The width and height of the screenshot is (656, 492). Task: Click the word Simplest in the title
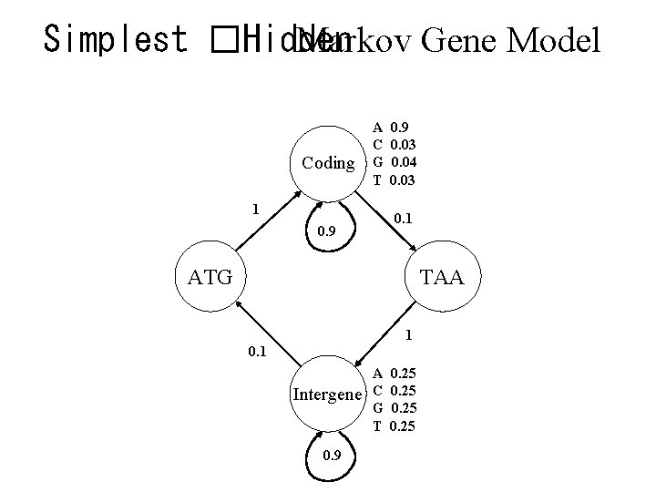115,39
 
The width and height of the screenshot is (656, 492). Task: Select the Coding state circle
328,163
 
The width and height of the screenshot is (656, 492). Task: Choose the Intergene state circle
326,395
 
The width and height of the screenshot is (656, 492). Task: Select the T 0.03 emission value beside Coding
396,179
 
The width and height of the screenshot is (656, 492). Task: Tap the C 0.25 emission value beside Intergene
396,391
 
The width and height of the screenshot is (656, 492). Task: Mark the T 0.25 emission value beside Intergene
396,425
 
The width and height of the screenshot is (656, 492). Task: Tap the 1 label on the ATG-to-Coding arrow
256,209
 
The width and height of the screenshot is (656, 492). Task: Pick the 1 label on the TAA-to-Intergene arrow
410,335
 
